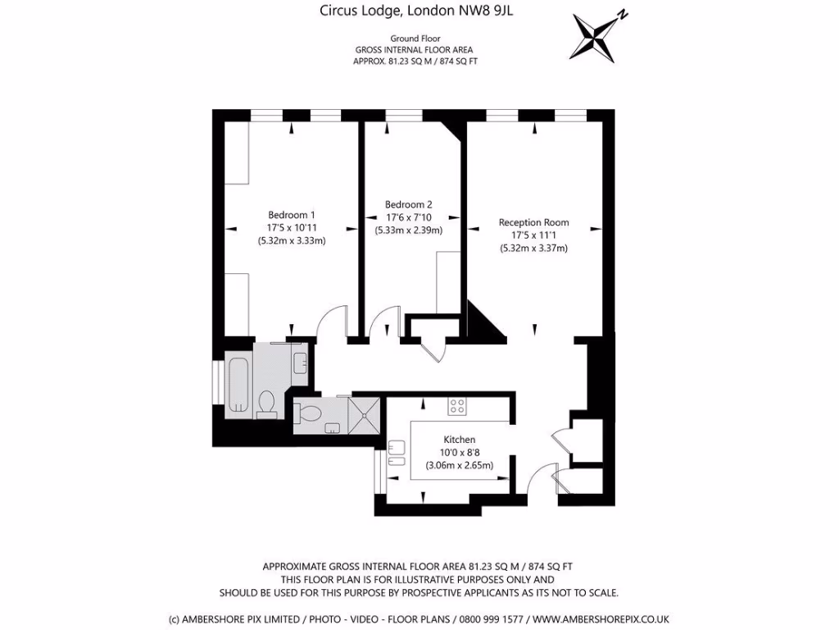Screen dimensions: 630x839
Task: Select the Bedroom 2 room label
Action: [408, 204]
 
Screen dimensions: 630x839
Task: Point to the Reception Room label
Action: [533, 222]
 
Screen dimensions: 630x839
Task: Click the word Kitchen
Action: [459, 440]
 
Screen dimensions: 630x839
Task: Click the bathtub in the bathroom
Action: [238, 384]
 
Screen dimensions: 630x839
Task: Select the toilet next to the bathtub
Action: [266, 403]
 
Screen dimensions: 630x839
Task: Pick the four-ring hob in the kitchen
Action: [457, 405]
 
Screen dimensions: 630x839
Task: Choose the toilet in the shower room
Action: [309, 414]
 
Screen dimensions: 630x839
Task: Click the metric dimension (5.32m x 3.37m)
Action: [533, 248]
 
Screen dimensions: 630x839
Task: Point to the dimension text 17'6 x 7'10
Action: [408, 217]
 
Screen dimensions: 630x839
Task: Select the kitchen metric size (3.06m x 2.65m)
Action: [459, 465]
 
